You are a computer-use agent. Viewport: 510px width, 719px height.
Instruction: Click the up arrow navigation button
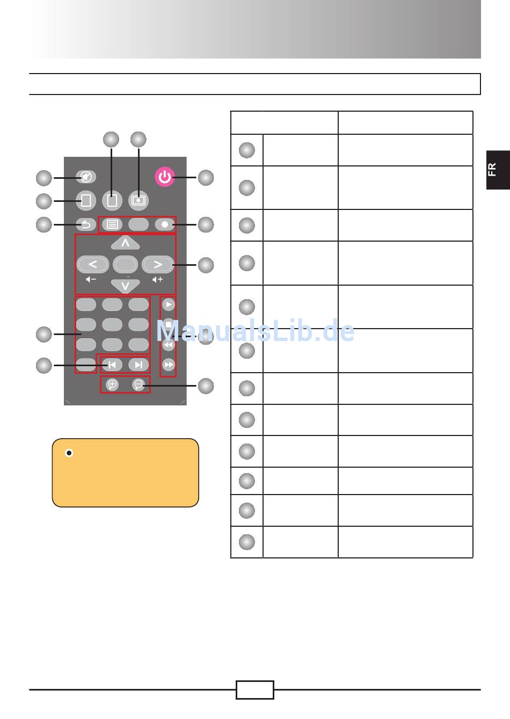click(125, 243)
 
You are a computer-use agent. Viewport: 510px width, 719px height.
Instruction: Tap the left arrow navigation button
click(93, 264)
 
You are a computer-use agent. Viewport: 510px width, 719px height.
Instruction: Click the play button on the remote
click(169, 304)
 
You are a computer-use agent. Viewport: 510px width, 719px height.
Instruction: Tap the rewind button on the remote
click(169, 345)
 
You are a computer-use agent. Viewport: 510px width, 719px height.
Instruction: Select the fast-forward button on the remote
click(169, 365)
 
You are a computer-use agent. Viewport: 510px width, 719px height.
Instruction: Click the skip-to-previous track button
click(112, 365)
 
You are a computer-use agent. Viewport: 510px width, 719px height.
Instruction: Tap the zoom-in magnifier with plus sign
click(112, 384)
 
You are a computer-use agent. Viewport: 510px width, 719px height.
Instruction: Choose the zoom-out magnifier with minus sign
click(139, 384)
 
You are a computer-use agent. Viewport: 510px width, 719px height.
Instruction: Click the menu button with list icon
click(112, 224)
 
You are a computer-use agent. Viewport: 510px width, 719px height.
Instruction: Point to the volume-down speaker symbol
click(91, 280)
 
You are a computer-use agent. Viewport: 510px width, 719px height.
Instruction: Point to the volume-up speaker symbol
click(157, 280)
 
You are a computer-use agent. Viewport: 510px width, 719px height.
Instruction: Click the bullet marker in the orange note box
click(69, 453)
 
